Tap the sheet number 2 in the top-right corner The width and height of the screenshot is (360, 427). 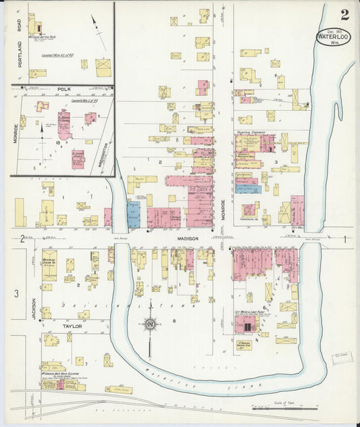coord(345,15)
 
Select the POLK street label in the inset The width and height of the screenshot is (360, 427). coord(63,89)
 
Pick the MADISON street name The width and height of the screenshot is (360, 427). coord(188,238)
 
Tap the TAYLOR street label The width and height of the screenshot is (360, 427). coord(72,326)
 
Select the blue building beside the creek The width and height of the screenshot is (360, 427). coord(133,214)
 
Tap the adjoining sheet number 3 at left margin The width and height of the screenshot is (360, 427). coord(17,293)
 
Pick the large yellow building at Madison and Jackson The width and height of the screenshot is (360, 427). coord(49,264)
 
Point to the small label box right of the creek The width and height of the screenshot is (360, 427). coord(341,353)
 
